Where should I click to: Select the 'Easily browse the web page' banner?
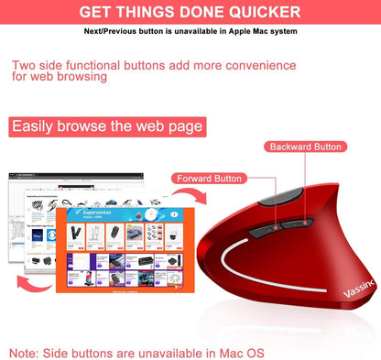(x=108, y=125)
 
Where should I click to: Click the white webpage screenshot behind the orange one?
(x=33, y=211)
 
